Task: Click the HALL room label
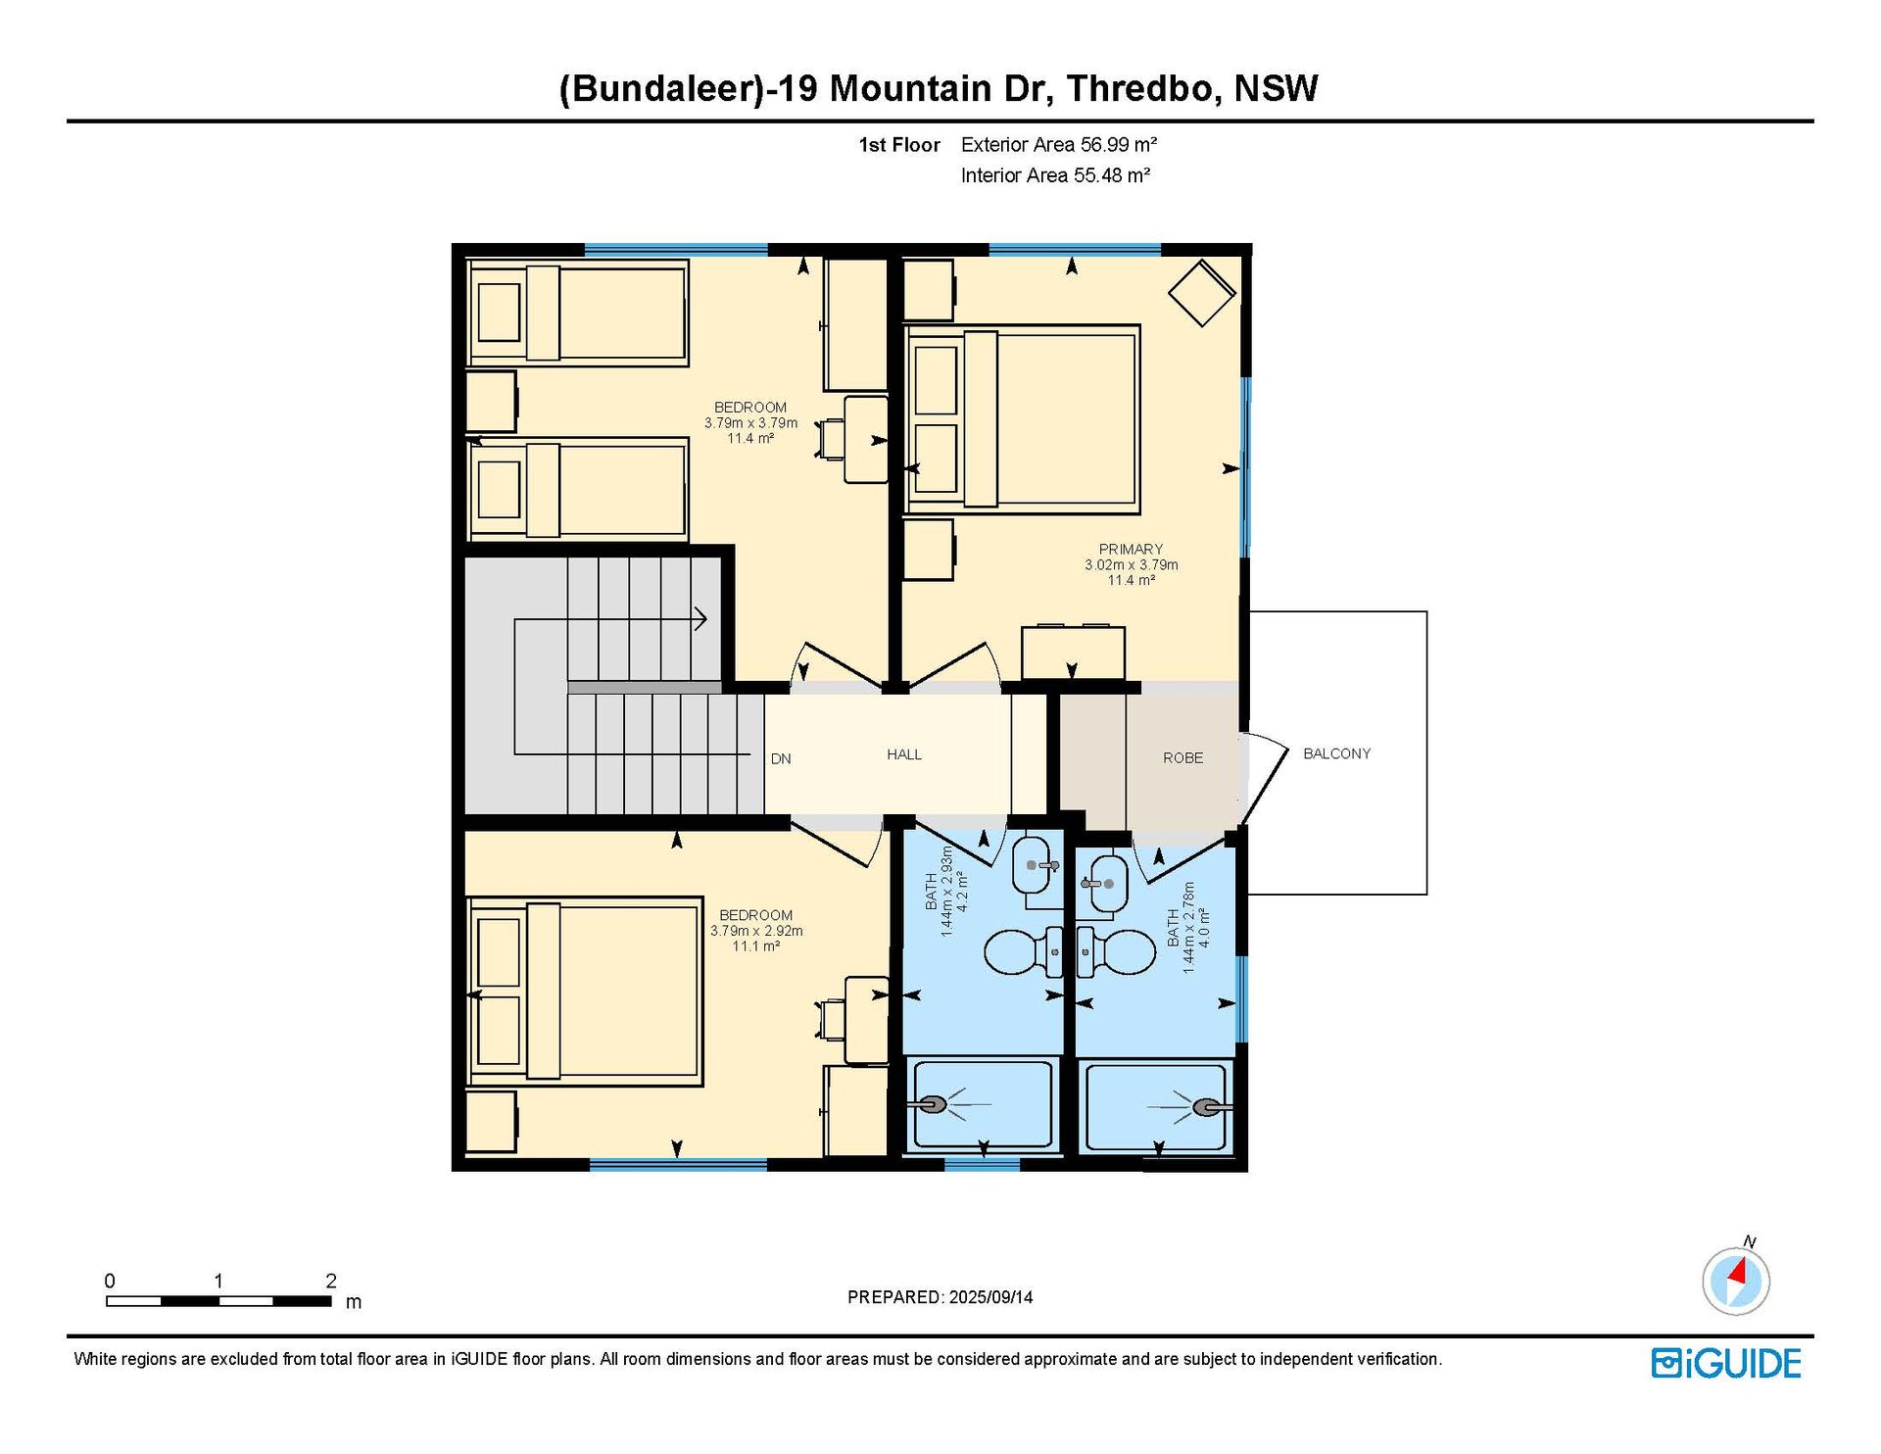click(x=903, y=754)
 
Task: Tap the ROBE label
click(x=1182, y=758)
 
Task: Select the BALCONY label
click(x=1336, y=753)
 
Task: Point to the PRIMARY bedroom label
click(x=1131, y=550)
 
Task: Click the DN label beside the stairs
click(x=781, y=759)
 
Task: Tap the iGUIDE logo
click(x=1726, y=1364)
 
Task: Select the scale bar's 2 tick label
click(x=331, y=1281)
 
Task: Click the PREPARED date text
click(x=940, y=1297)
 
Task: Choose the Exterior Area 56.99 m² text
click(x=1059, y=145)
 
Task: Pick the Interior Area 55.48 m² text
click(x=1055, y=175)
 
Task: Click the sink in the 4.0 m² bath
click(x=1104, y=884)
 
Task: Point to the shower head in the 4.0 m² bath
click(x=1211, y=1107)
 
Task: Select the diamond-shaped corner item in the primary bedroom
click(x=1201, y=292)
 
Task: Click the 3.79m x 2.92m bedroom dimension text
click(x=756, y=931)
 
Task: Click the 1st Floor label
click(x=899, y=145)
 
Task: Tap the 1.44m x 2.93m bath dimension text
click(x=946, y=892)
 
